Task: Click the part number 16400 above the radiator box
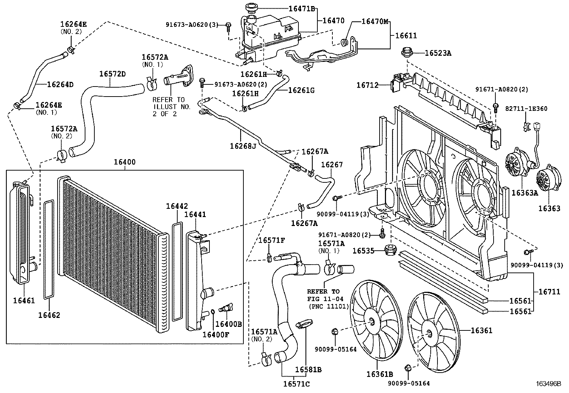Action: click(125, 162)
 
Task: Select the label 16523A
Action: click(438, 53)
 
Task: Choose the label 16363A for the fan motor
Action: click(524, 193)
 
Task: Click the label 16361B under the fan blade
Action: click(380, 374)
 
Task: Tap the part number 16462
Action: click(49, 315)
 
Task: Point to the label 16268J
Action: click(243, 146)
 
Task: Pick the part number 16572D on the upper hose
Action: click(112, 74)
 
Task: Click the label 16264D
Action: click(60, 84)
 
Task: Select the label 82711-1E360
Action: click(526, 108)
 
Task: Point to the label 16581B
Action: click(308, 369)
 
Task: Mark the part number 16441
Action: click(195, 214)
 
